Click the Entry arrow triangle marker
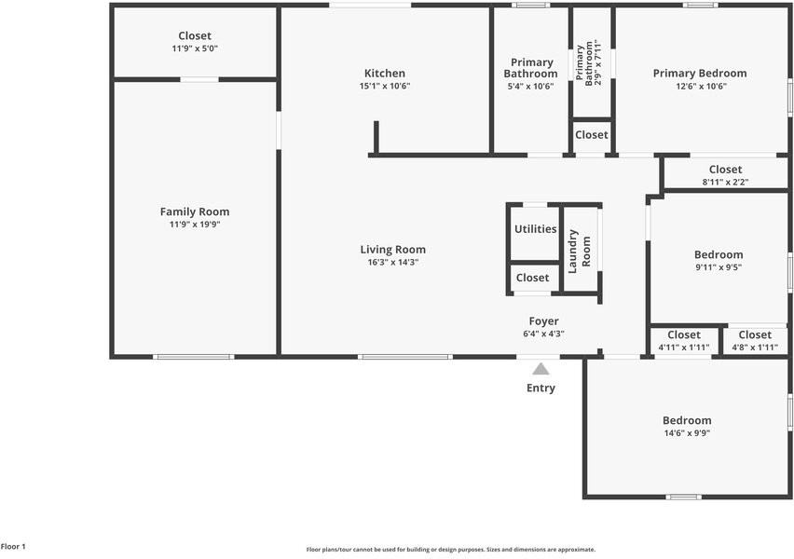pos(541,370)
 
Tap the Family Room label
pos(195,211)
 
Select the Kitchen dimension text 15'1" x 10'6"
pos(385,86)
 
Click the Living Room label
pos(393,249)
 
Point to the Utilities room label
pos(535,229)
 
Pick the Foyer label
pos(544,321)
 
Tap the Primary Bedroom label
pos(700,73)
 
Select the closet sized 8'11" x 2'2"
pos(725,175)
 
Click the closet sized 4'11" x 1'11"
pos(684,340)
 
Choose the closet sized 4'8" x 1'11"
pos(755,340)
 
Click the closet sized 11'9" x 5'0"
pos(195,42)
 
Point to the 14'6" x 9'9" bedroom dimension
pos(687,432)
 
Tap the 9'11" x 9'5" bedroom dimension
pos(719,266)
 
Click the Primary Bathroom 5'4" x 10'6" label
pos(530,74)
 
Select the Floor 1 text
pos(13,546)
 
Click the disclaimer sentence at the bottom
pos(451,550)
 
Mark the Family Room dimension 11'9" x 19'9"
pos(195,224)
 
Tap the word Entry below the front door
pos(541,388)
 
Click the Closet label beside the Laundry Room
pos(533,278)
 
